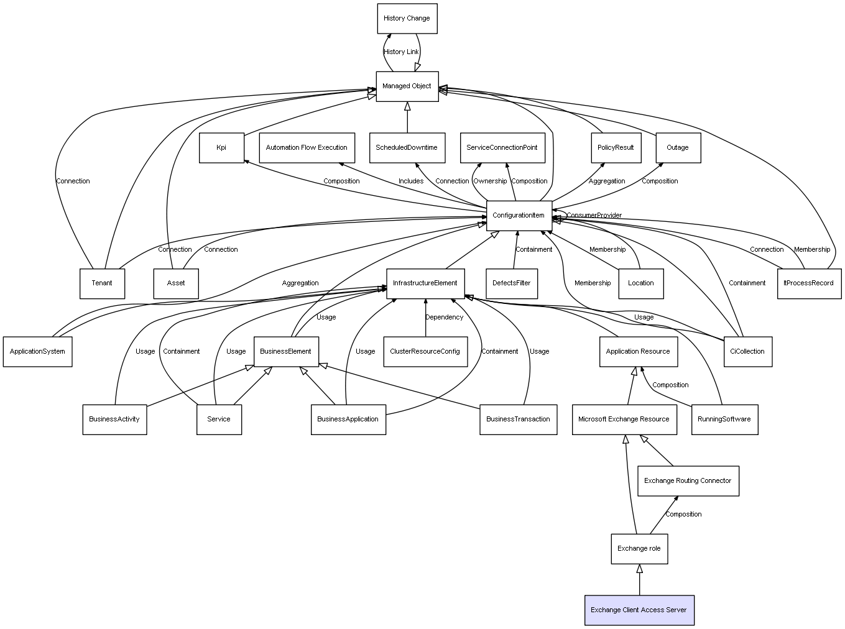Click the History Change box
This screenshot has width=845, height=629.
coord(407,19)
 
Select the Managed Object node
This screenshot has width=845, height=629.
coord(407,86)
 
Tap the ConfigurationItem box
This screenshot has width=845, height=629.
coord(519,216)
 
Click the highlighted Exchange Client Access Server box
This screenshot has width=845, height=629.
coord(639,610)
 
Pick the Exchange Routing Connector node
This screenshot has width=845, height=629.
coord(688,481)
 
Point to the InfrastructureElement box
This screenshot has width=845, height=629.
coord(425,283)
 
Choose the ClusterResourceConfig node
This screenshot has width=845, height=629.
coord(425,352)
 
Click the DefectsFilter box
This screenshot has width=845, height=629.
coord(512,283)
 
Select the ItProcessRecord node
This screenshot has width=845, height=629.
coord(809,283)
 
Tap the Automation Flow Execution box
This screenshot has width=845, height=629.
coord(307,148)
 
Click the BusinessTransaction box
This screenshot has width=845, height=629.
coord(518,420)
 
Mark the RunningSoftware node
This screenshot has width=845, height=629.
coord(724,420)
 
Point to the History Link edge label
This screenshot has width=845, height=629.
coord(401,52)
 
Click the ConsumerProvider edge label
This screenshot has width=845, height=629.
coord(594,216)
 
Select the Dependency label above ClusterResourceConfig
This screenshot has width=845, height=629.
coord(444,318)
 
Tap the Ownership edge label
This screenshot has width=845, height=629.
coord(490,181)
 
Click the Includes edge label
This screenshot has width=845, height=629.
coord(411,181)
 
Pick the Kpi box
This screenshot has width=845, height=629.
coord(221,148)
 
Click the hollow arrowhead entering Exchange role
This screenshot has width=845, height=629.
coord(639,569)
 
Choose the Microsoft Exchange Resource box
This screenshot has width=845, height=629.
coord(624,420)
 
